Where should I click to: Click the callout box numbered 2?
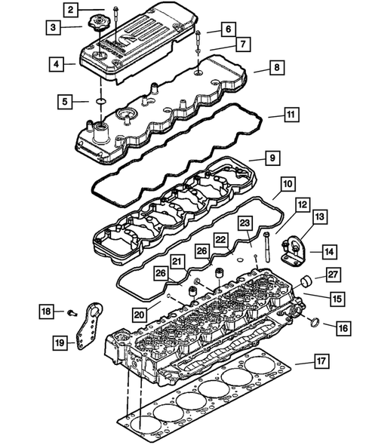[69, 10]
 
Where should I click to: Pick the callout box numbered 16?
[341, 327]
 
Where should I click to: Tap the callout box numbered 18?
[46, 310]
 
